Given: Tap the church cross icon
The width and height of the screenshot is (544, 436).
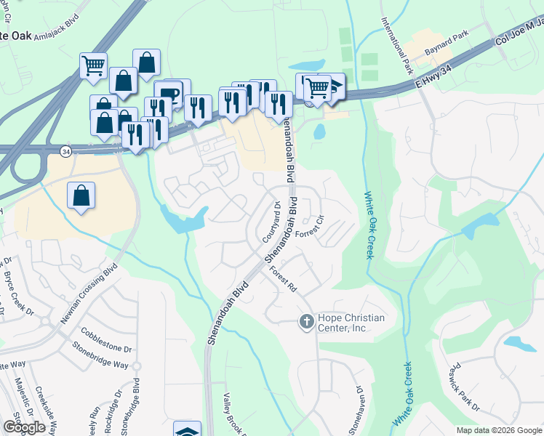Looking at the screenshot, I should (x=306, y=320).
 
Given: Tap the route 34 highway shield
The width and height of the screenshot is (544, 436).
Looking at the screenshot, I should (x=66, y=151).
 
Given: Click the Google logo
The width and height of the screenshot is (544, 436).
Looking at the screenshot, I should (x=24, y=427).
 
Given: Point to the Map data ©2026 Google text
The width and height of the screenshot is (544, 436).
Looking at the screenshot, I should (x=499, y=430).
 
